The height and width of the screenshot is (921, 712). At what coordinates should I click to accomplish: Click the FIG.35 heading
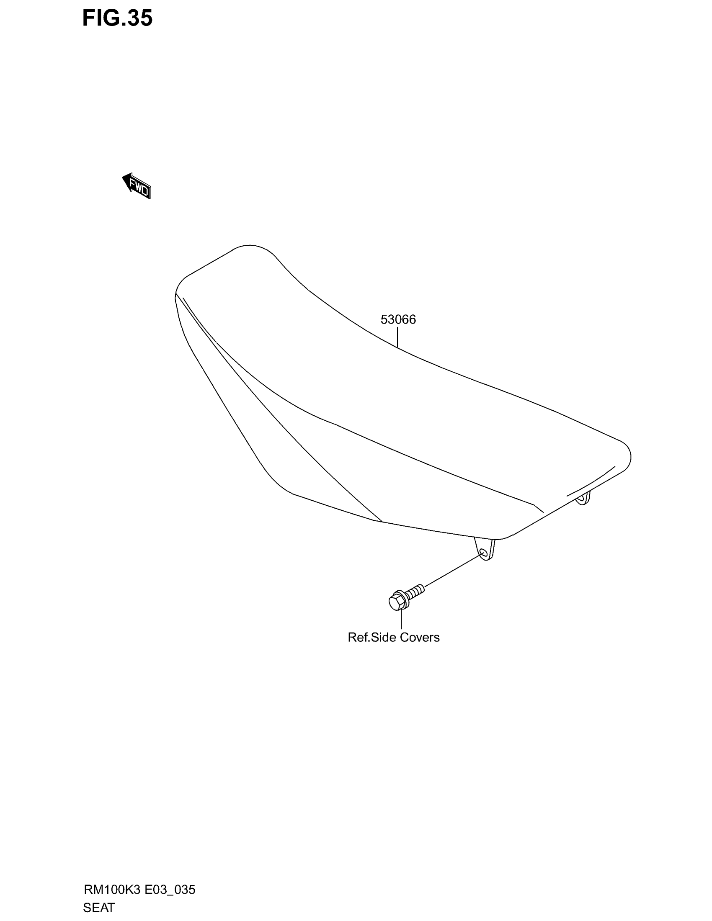tap(117, 18)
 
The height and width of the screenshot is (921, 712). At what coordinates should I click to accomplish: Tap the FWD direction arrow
tap(136, 185)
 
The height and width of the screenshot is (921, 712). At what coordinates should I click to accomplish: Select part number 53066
tap(398, 320)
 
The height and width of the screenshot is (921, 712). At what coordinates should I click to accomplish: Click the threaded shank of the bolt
tap(415, 591)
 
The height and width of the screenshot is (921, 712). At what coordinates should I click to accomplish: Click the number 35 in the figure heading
tap(139, 18)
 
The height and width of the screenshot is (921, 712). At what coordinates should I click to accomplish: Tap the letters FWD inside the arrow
tap(139, 188)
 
